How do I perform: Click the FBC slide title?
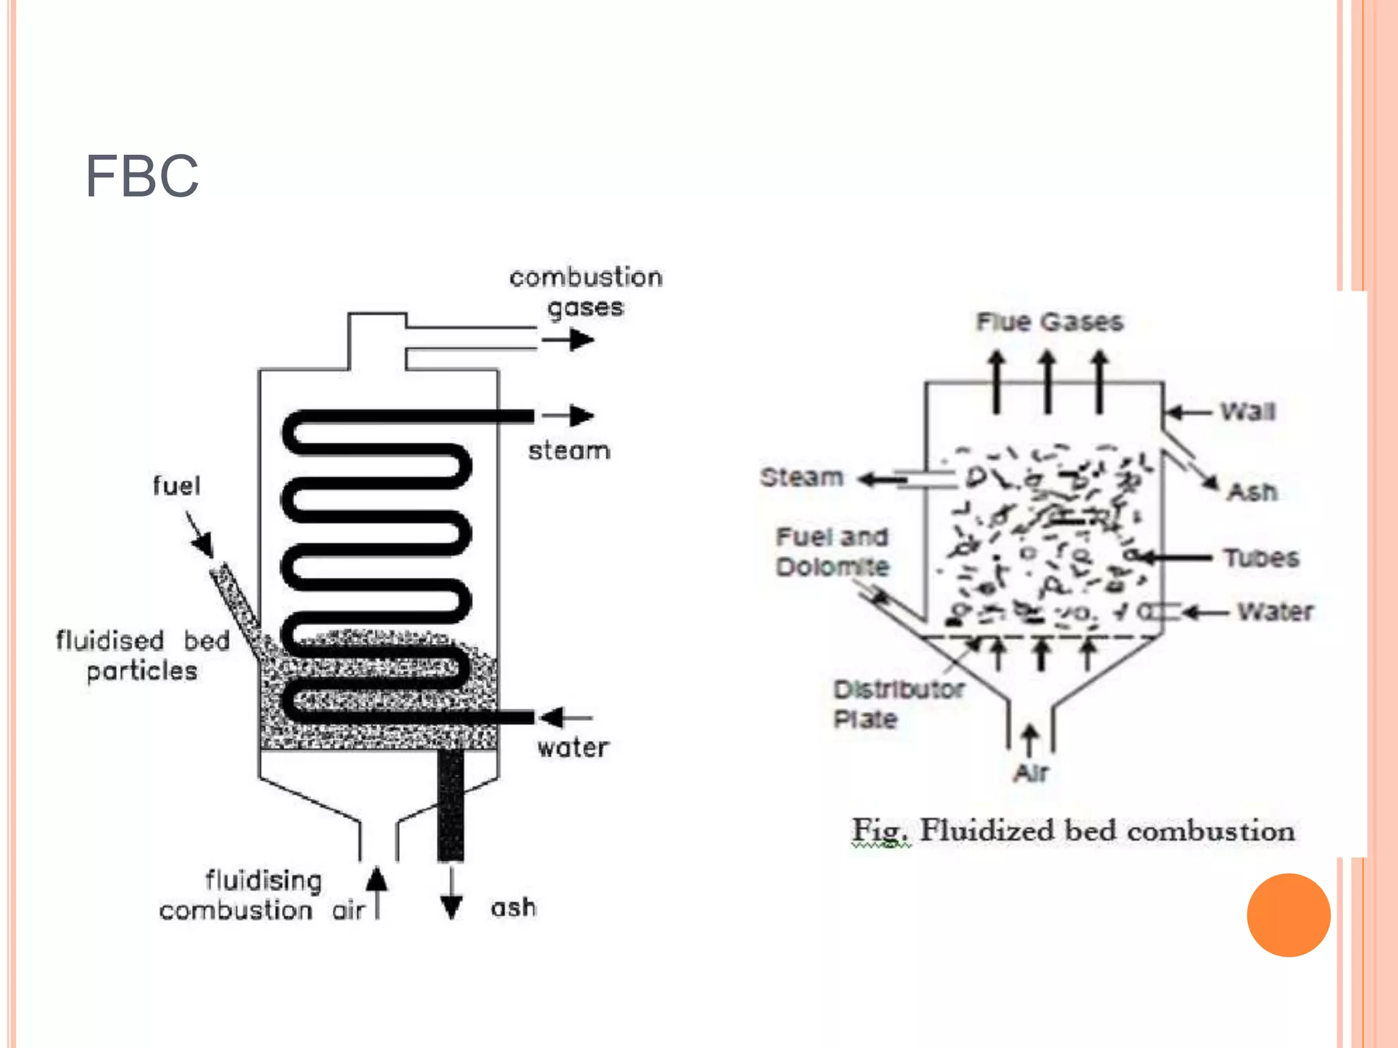(x=142, y=176)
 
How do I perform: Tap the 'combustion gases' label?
(x=586, y=292)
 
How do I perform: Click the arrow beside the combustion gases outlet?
(x=568, y=339)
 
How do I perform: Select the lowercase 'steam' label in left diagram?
(x=569, y=451)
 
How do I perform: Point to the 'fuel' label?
(x=176, y=486)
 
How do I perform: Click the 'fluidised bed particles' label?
(x=143, y=656)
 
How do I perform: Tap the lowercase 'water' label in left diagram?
(x=573, y=748)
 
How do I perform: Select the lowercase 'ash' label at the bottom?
(x=513, y=907)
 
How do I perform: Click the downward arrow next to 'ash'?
(x=451, y=894)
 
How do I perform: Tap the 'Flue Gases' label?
(x=1049, y=321)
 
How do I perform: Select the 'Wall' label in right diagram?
(x=1248, y=411)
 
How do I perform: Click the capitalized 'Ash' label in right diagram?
(x=1252, y=491)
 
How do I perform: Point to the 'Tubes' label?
(x=1261, y=558)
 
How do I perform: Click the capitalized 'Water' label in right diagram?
(x=1275, y=611)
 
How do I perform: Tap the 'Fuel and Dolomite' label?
(x=832, y=551)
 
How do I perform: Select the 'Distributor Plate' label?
(x=898, y=703)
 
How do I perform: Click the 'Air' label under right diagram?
(x=1031, y=773)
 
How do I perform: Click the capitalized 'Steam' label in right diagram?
(x=802, y=477)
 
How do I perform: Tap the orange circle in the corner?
(x=1288, y=915)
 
